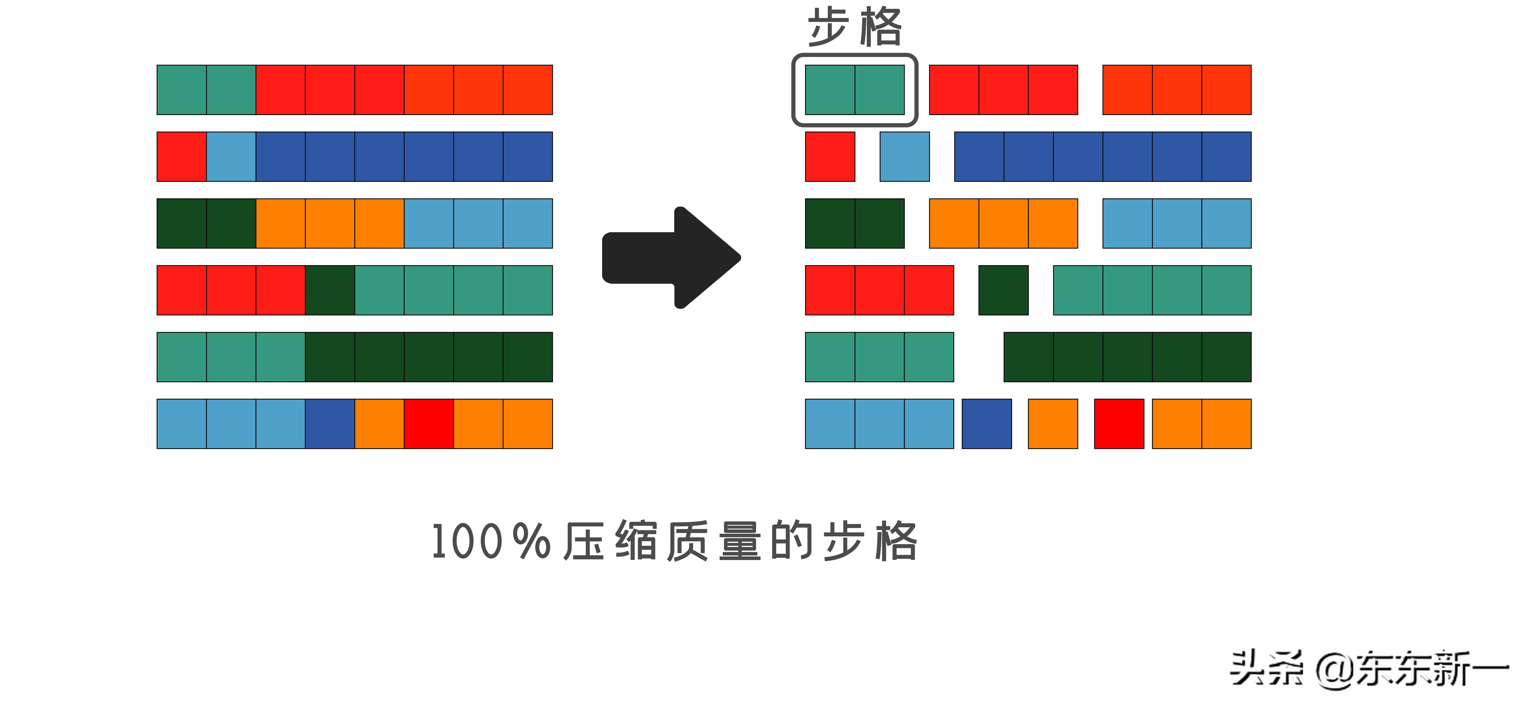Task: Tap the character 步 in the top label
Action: point(828,27)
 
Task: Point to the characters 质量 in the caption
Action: point(713,541)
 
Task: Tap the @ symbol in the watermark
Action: point(1335,670)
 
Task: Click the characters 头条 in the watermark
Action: point(1266,669)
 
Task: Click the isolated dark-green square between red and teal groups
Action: point(1003,290)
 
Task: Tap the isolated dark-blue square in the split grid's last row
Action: point(987,424)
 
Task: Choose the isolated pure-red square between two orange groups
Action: point(1119,424)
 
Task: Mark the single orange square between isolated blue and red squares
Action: point(1053,424)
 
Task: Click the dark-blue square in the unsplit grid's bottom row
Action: point(330,424)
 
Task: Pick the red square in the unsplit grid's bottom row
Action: point(428,424)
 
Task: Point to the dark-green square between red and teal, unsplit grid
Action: point(330,290)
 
